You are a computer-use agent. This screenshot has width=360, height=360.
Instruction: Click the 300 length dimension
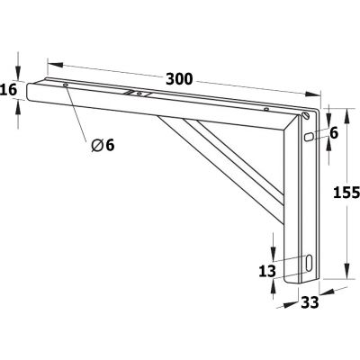180,79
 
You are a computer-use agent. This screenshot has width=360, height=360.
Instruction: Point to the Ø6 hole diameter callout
103,145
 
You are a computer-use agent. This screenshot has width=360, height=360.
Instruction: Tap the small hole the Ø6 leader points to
67,86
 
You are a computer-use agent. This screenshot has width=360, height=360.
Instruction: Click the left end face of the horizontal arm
31,93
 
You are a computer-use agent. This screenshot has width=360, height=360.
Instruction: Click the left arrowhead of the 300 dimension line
50,64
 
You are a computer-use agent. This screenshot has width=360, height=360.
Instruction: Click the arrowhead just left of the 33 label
292,301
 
